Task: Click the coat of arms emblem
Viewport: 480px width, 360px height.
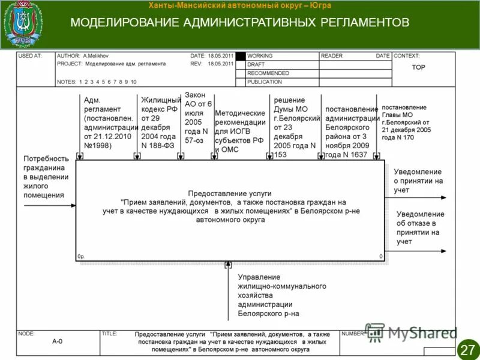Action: (x=23, y=25)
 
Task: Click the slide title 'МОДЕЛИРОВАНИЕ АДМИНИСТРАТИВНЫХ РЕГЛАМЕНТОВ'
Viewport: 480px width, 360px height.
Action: (x=240, y=23)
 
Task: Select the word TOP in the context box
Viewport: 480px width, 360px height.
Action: (x=418, y=67)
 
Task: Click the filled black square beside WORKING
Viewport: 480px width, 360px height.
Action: (x=241, y=56)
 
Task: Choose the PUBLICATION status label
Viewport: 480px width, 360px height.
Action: (x=265, y=82)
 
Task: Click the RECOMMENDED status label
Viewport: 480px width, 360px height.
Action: (x=268, y=73)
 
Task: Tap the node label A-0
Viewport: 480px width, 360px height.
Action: (x=57, y=341)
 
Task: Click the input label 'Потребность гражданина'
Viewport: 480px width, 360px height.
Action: (x=46, y=176)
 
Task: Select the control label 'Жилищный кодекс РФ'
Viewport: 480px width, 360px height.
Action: (x=161, y=122)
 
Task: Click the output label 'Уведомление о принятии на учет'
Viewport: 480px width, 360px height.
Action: (x=418, y=181)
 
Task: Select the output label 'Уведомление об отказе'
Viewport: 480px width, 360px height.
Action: (x=420, y=227)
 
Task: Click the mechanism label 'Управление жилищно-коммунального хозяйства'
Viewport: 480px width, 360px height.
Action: (x=281, y=295)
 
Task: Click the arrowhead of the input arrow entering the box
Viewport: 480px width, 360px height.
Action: (x=73, y=206)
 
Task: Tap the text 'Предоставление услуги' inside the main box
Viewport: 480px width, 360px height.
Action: (x=230, y=194)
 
